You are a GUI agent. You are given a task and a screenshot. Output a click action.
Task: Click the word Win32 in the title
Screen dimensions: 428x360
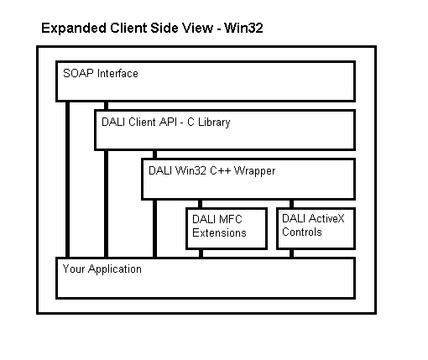pos(243,28)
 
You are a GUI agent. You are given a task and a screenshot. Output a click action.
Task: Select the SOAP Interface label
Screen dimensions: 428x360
pos(101,74)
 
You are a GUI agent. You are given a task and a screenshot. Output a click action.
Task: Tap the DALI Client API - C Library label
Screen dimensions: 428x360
pos(166,123)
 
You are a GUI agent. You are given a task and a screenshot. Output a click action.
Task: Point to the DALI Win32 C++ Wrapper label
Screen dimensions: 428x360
pos(211,171)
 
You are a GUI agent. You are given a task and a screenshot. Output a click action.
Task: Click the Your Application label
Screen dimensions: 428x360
pos(102,269)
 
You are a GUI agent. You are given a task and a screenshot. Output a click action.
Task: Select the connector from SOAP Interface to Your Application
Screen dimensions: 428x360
pos(67,180)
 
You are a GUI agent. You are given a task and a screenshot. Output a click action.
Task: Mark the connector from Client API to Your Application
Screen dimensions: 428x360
pos(106,204)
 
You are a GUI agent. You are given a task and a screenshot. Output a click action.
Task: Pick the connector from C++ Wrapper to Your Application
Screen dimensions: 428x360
pos(154,228)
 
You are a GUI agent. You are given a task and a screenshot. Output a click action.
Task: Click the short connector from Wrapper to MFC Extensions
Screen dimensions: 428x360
pos(200,204)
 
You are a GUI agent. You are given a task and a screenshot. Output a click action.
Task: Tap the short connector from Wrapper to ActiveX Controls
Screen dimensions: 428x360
pos(291,204)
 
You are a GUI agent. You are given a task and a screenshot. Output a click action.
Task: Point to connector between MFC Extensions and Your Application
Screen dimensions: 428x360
pos(201,253)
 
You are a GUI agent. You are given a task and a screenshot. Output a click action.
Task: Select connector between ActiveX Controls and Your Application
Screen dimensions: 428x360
pos(291,253)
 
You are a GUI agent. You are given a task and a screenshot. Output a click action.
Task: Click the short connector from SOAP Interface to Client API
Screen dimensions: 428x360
pos(106,106)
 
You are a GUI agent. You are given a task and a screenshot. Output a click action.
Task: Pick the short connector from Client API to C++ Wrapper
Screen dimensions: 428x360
pos(154,154)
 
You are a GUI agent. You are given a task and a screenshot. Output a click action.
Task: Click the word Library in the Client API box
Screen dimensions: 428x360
pos(214,123)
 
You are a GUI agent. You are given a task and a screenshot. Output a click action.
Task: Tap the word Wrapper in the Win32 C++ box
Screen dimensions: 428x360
pos(254,171)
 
